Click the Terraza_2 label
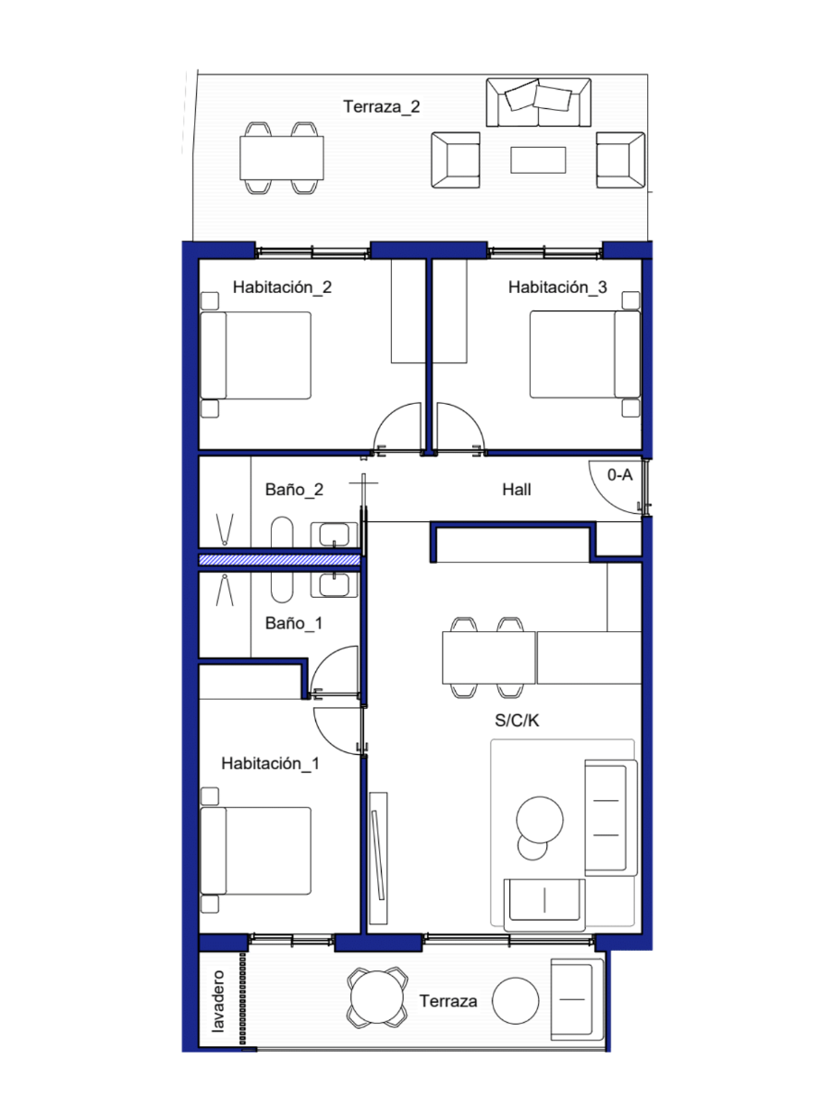381,106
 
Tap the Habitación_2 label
282,287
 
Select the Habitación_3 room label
557,287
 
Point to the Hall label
517,490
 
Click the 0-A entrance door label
620,474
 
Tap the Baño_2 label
294,490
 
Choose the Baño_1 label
294,623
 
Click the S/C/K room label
517,721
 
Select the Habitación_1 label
270,763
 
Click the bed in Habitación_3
585,355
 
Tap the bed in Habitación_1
256,850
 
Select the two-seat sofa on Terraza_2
538,102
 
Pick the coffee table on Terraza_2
538,160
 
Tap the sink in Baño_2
334,534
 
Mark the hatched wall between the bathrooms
280,560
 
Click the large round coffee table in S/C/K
539,821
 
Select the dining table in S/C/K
489,658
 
